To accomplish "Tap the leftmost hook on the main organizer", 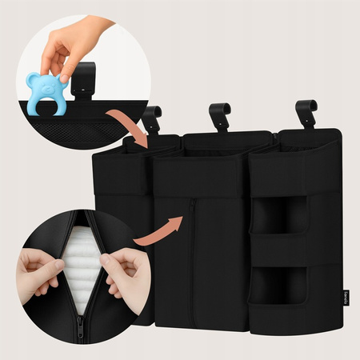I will (151, 120).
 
